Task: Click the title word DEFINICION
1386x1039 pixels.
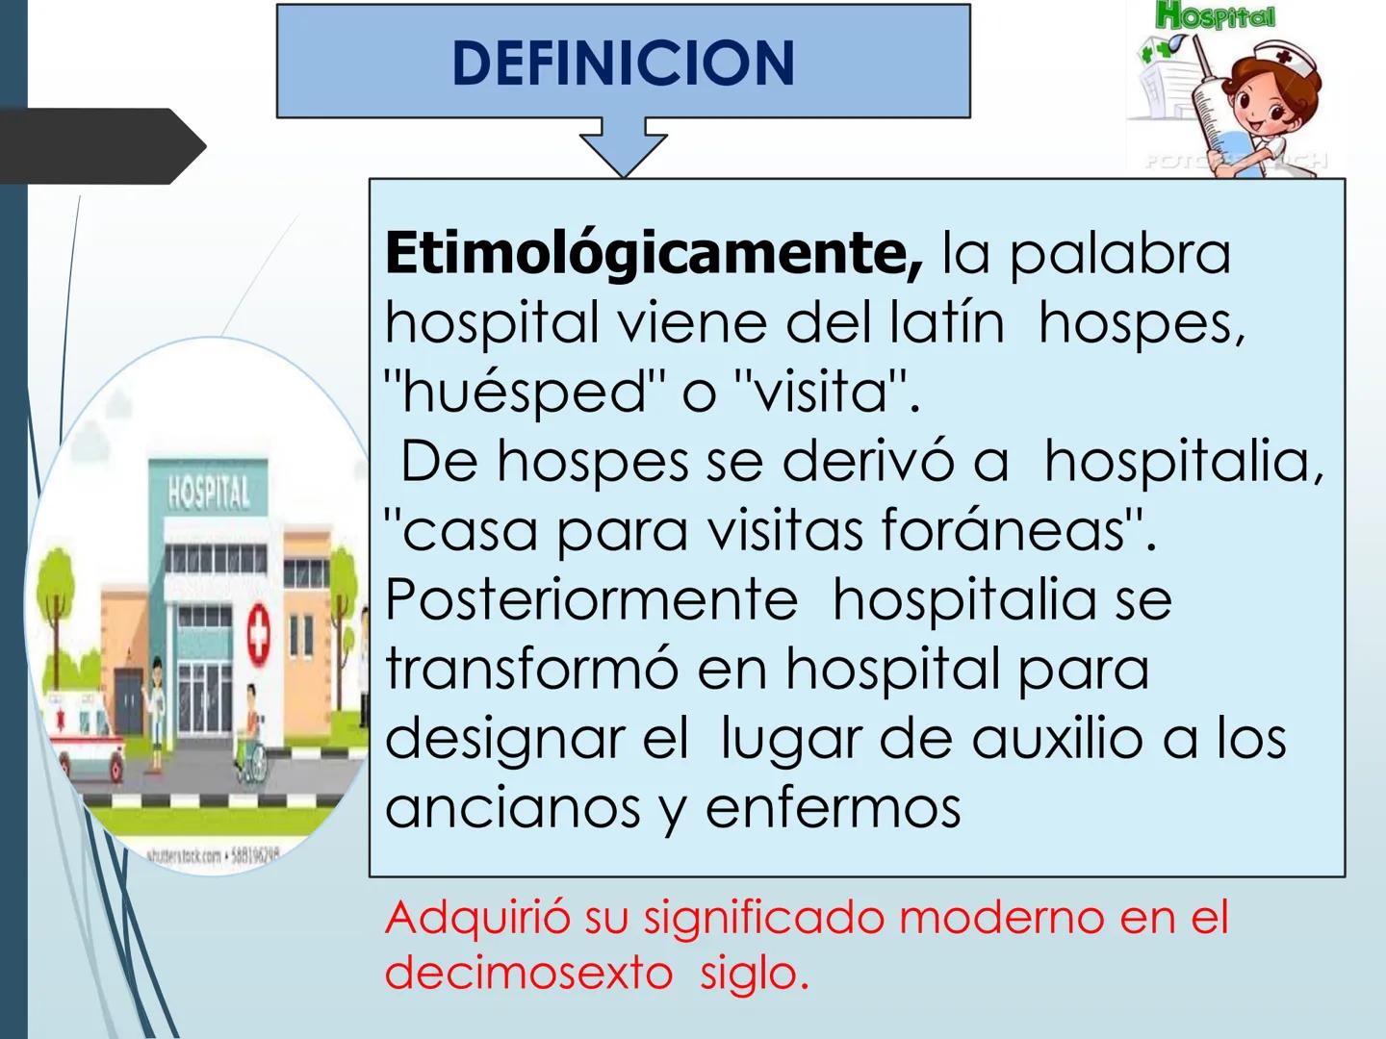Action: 623,63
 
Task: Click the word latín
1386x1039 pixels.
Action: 946,322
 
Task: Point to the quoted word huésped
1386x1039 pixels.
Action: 525,392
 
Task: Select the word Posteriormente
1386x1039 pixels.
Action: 591,599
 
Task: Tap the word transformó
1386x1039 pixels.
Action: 531,669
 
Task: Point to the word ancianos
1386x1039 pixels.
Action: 512,807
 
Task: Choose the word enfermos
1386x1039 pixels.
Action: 833,807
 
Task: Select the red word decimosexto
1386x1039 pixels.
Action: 528,973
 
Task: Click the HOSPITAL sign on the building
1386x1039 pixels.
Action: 208,493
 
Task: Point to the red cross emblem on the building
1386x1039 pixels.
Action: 258,633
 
